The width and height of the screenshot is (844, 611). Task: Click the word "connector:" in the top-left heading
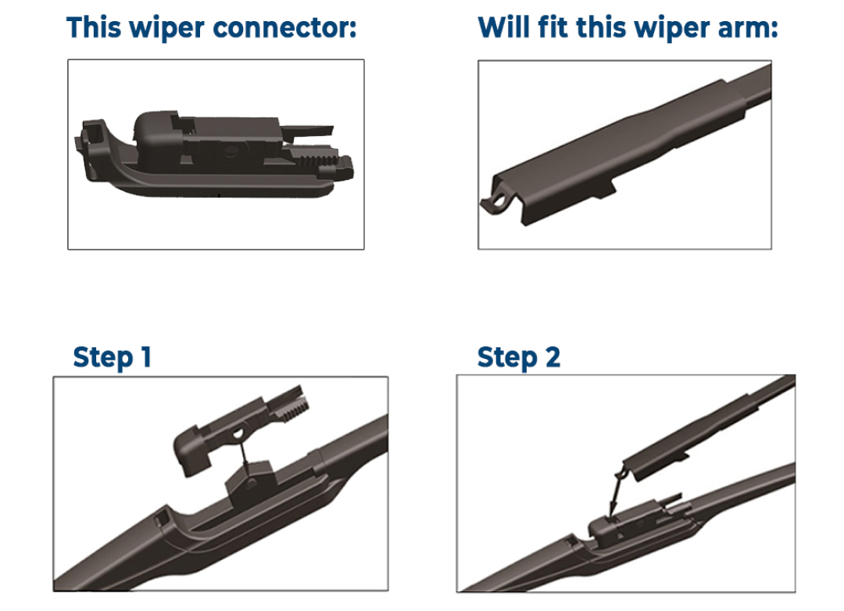284,28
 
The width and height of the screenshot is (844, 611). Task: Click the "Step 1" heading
112,358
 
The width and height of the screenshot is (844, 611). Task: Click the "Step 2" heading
519,358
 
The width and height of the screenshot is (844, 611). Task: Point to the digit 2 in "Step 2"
553,357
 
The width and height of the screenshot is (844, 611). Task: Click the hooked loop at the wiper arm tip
495,203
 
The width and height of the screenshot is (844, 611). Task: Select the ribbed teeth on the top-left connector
314,160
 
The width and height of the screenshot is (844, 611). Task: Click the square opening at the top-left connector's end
91,133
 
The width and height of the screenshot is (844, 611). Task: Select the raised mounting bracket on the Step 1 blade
250,479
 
